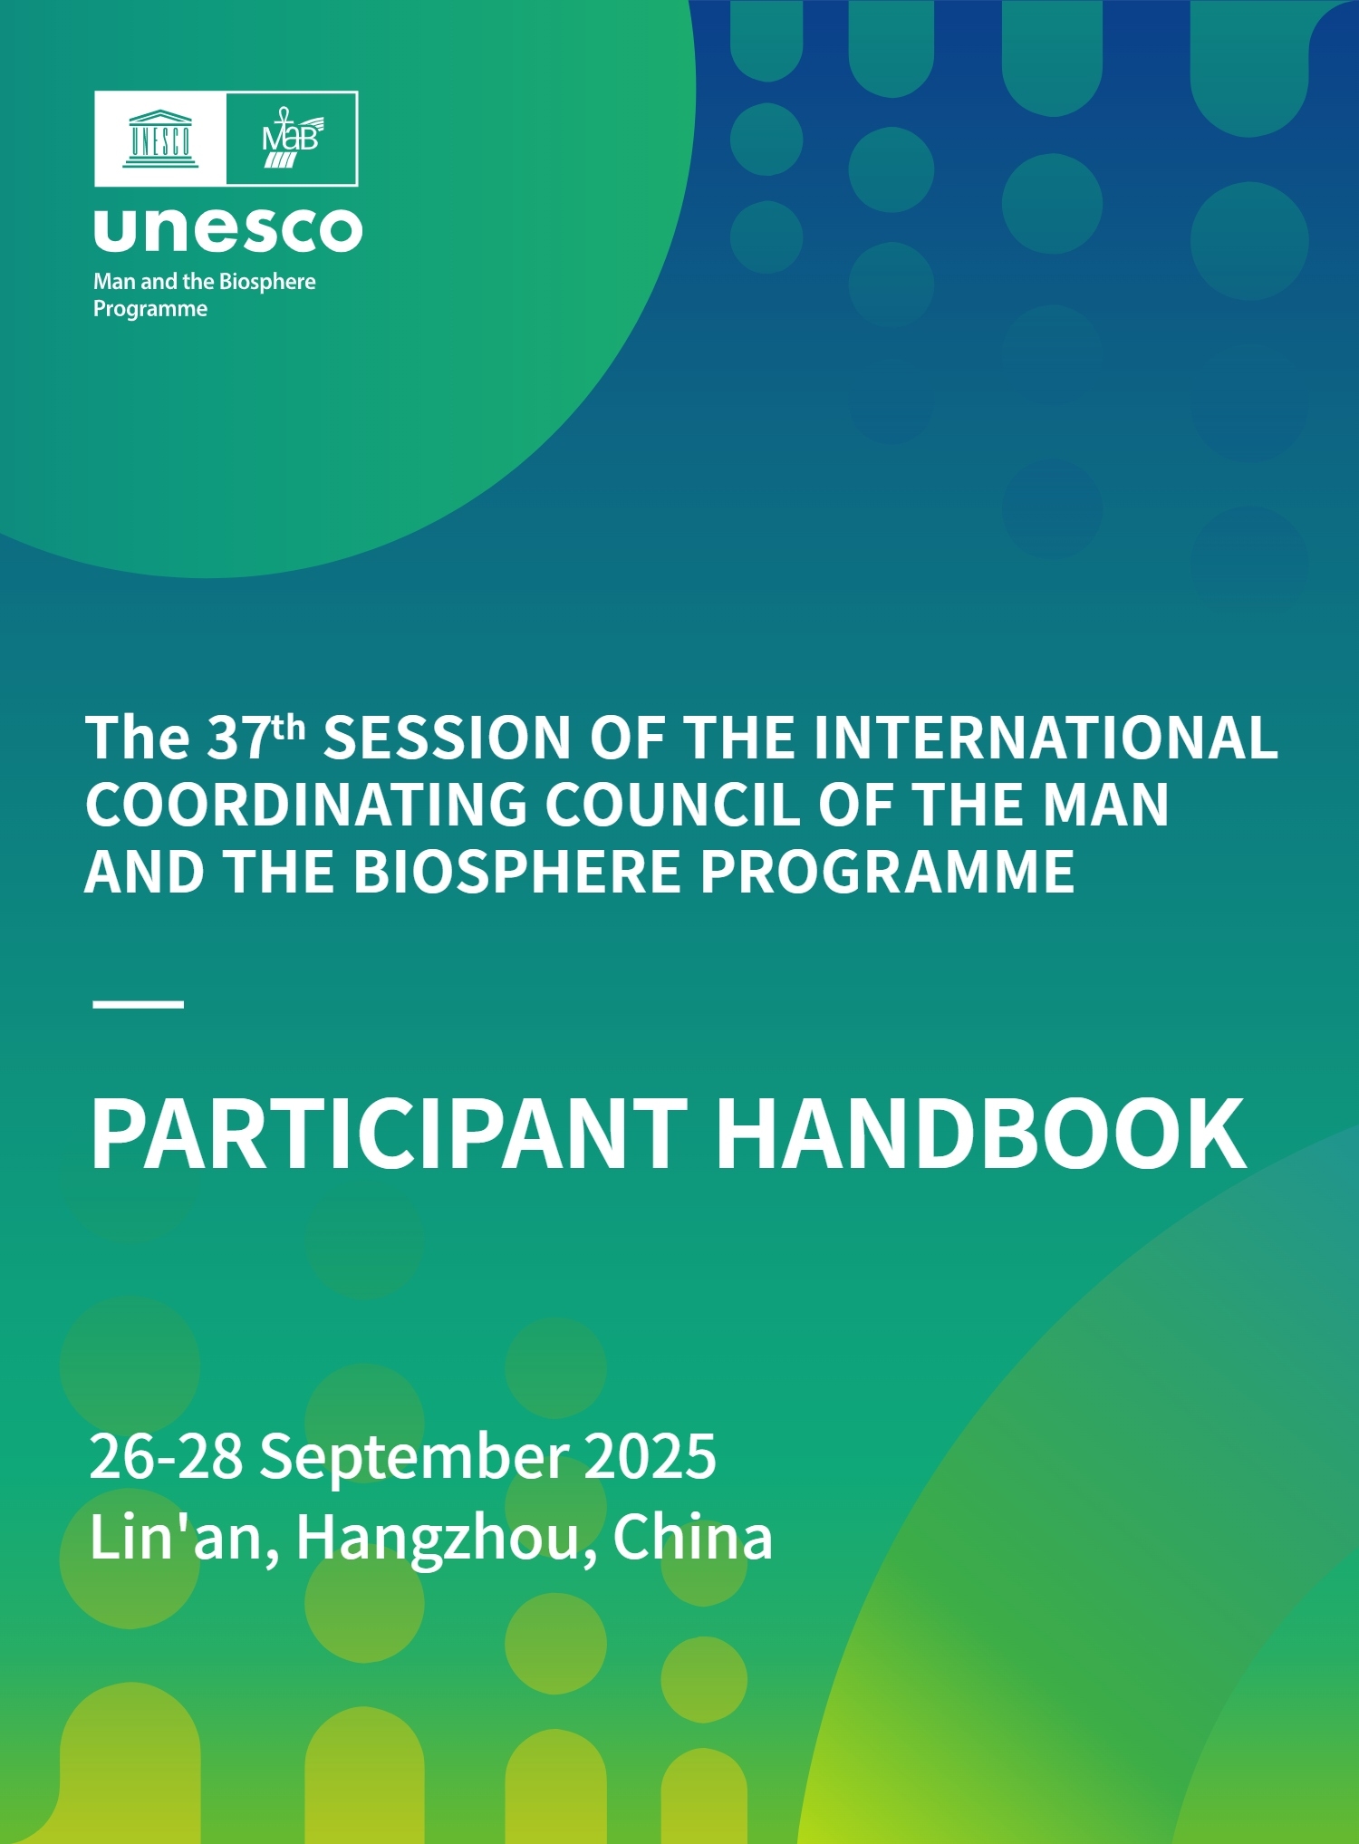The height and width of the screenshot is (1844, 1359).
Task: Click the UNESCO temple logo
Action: [160, 139]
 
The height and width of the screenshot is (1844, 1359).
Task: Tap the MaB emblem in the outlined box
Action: [292, 138]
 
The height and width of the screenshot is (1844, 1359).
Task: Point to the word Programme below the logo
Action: [150, 309]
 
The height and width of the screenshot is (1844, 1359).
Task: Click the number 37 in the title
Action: [239, 738]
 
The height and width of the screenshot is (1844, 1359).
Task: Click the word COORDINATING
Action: [306, 805]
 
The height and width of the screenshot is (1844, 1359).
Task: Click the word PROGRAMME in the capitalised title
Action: [887, 872]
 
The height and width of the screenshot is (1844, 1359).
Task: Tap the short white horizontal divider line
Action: [139, 1004]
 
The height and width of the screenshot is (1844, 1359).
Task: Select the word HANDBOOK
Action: [981, 1134]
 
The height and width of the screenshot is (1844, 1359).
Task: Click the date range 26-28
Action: [167, 1456]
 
